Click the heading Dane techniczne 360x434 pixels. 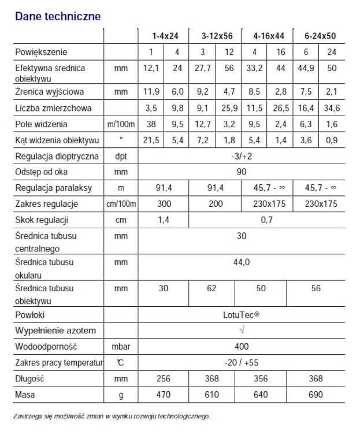point(58,16)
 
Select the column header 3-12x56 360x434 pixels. point(217,36)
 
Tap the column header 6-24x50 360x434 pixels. point(320,36)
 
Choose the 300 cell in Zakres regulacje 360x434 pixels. point(165,204)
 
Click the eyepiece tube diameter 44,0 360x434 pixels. point(242,262)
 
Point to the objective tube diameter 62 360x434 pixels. point(217,288)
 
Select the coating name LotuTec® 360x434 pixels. point(242,316)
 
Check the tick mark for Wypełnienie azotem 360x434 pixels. point(242,331)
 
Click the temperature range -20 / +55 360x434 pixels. point(242,362)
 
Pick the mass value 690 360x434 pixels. point(316,395)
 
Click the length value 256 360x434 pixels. point(165,379)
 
